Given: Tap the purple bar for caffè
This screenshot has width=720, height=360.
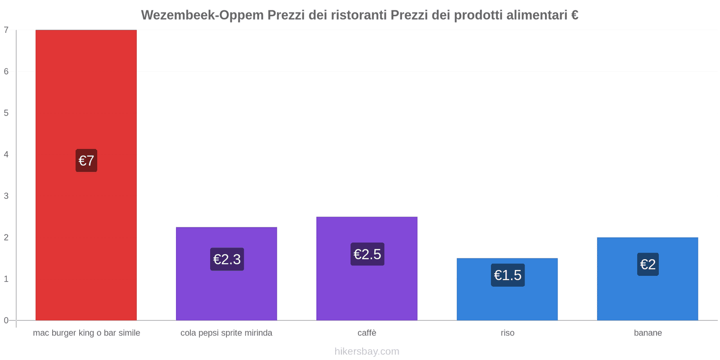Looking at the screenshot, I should coord(367,288).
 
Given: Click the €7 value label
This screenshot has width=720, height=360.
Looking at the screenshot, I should coord(86,161).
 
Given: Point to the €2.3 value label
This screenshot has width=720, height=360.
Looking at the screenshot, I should coord(227,259).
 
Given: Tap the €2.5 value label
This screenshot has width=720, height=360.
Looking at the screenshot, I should coord(367,254).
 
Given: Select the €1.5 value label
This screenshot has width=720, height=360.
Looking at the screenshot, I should coord(508,275).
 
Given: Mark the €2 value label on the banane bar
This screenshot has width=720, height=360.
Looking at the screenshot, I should coord(648,264).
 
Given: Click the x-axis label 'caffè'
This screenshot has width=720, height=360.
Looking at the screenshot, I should coord(367,333).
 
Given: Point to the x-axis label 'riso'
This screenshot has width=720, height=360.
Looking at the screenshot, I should coord(507,333).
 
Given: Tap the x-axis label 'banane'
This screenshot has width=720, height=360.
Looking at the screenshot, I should coord(648,333).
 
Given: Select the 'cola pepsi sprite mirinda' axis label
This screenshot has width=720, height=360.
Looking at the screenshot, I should coord(226,333).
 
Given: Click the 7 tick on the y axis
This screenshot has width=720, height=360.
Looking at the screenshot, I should coord(6,30).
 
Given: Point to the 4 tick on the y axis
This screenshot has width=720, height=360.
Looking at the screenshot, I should coord(6,154).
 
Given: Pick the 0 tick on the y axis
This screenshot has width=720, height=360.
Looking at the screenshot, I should coord(6,320).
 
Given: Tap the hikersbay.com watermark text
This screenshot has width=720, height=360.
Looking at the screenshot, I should coord(367,351).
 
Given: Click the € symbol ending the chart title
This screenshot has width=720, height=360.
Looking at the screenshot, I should coord(575,15).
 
